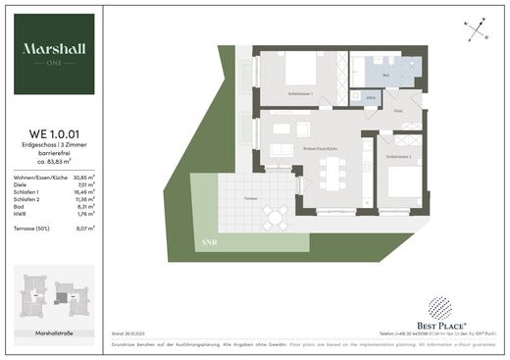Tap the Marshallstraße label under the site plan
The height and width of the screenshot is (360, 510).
54,334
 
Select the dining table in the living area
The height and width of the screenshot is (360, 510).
327,174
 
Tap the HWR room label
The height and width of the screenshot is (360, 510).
370,98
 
